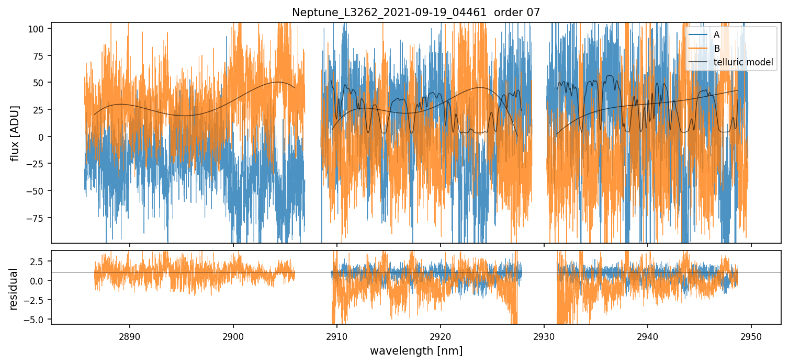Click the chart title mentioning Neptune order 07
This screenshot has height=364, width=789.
click(416, 12)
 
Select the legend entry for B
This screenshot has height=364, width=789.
click(716, 49)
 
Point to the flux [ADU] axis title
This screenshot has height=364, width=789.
click(16, 133)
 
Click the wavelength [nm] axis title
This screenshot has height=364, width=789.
click(416, 351)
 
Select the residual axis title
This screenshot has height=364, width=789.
click(14, 289)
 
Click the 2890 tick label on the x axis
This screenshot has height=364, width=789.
click(130, 335)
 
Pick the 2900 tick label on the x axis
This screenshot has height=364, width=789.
click(233, 335)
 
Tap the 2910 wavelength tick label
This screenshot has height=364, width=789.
click(337, 335)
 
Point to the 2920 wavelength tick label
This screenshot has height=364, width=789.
click(441, 335)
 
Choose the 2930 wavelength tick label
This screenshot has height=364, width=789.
click(544, 335)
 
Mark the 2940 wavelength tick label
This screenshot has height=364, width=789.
click(648, 335)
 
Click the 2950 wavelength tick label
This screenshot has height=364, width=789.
click(751, 335)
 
